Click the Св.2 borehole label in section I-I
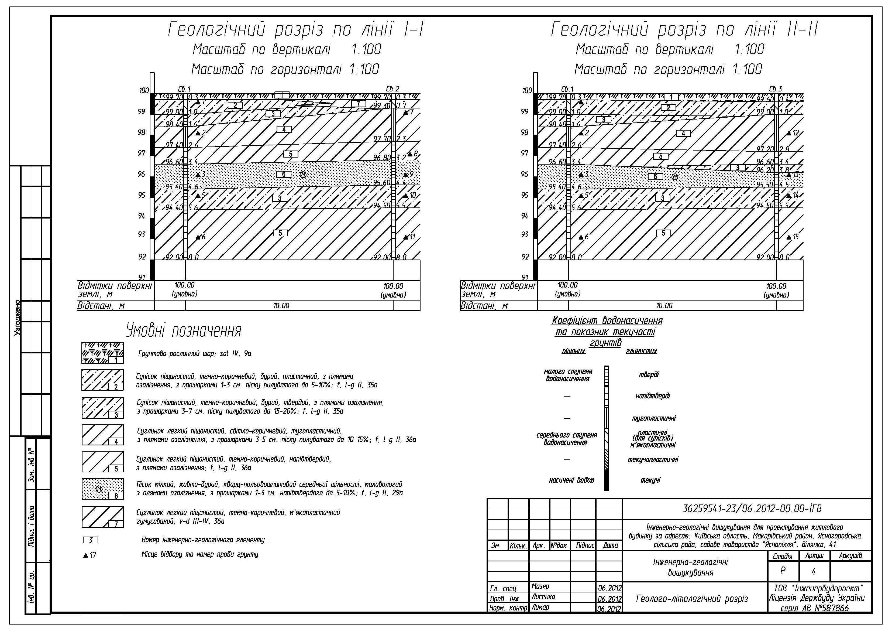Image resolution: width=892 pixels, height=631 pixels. [393, 89]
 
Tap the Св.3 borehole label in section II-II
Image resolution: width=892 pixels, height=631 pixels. [776, 89]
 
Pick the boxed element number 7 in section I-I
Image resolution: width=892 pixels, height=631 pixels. [358, 104]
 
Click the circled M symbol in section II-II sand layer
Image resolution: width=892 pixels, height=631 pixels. [675, 177]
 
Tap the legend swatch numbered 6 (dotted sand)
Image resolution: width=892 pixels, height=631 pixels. [102, 489]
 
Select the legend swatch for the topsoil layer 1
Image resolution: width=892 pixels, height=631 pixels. [102, 353]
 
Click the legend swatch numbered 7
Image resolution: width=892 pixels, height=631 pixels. [102, 517]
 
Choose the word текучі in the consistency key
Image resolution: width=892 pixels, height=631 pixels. [650, 480]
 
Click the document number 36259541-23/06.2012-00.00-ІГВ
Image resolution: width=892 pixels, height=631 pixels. [752, 509]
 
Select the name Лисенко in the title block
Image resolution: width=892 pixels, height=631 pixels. [543, 597]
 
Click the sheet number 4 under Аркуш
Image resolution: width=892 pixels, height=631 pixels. [814, 572]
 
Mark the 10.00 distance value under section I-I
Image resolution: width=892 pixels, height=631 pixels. [281, 306]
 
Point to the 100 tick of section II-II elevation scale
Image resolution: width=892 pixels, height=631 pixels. [527, 91]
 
